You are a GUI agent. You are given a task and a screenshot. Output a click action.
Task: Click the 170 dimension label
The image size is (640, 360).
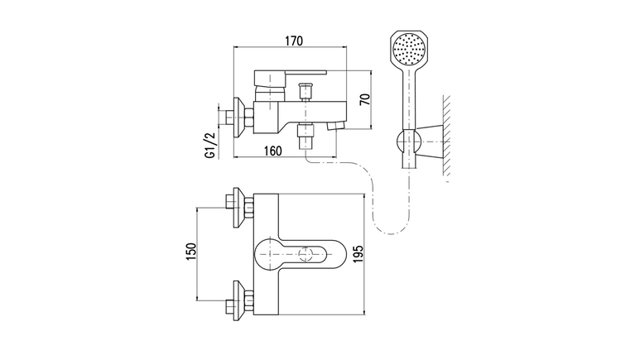coord(294,41)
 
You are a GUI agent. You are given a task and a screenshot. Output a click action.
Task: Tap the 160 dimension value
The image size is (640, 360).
coord(272,151)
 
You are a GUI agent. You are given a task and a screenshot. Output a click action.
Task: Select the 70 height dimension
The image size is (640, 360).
coord(365,99)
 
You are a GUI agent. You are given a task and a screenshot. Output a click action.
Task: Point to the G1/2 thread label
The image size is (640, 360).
coord(209,146)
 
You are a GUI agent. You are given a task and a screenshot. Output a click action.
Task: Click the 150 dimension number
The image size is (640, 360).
coord(191,254)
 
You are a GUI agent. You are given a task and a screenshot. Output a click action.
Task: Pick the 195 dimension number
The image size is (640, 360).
coord(358,254)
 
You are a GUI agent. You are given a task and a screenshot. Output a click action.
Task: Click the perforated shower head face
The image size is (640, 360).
coord(408,49)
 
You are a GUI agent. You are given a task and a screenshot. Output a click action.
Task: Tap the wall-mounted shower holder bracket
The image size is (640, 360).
coord(430,142)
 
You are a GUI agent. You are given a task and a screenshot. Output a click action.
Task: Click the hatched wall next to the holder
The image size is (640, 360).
coord(446,136)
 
